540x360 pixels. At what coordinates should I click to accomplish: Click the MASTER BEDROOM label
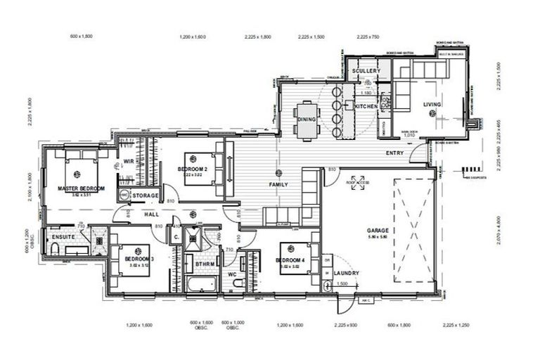82,188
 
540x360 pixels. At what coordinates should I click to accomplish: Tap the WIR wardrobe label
129,161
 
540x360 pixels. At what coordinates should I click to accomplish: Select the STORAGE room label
146,195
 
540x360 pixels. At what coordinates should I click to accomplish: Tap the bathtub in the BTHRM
198,285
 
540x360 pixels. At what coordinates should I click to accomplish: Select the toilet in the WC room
237,283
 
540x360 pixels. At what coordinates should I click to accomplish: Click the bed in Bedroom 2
202,169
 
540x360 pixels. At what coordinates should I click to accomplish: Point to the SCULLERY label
366,71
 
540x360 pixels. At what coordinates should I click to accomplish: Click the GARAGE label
378,230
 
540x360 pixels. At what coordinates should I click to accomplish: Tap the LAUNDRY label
346,273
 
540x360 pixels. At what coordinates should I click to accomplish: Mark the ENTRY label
395,153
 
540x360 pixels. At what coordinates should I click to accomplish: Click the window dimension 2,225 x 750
368,36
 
